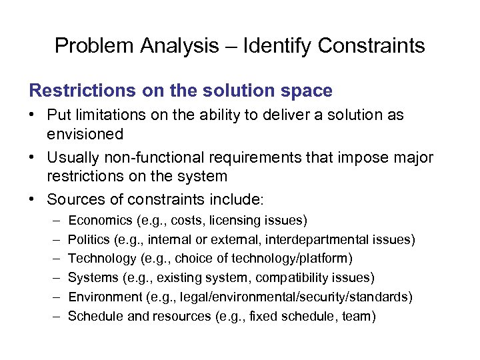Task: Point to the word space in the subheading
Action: [306, 90]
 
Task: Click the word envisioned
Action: [85, 134]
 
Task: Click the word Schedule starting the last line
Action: [95, 316]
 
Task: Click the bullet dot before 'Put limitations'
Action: [33, 115]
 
